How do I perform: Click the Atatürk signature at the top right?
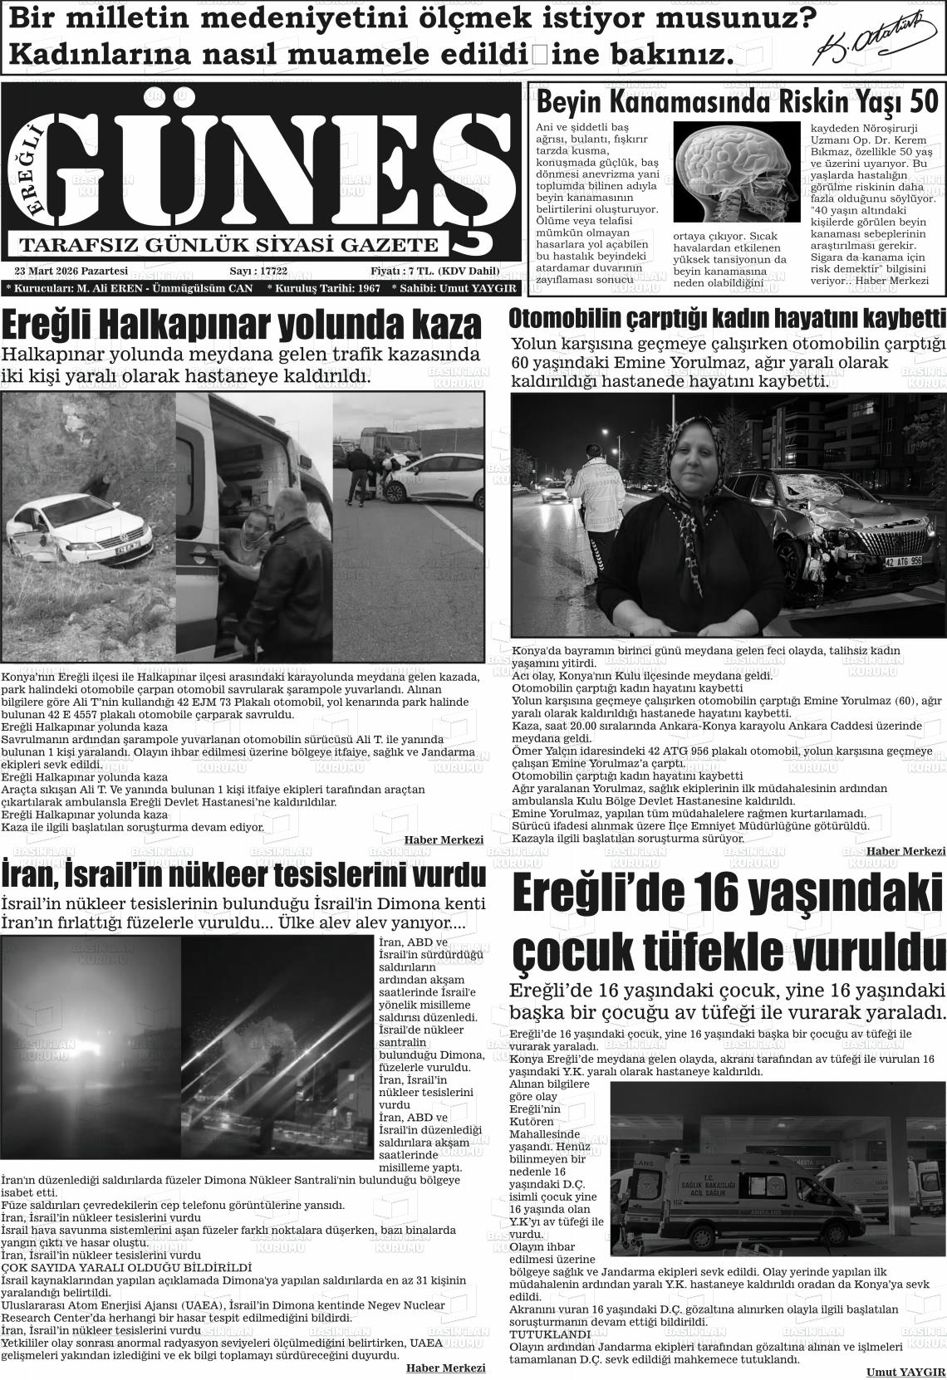tap(877, 42)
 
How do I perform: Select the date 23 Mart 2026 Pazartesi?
tap(71, 272)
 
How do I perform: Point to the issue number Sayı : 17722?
tap(258, 272)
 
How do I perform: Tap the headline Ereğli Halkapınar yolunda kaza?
tap(242, 324)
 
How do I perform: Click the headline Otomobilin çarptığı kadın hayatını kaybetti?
tap(727, 318)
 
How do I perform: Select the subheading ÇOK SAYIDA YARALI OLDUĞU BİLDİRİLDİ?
tap(126, 1268)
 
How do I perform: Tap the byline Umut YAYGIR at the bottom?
tap(905, 1372)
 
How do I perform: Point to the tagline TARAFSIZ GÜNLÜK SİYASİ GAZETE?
tap(228, 245)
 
